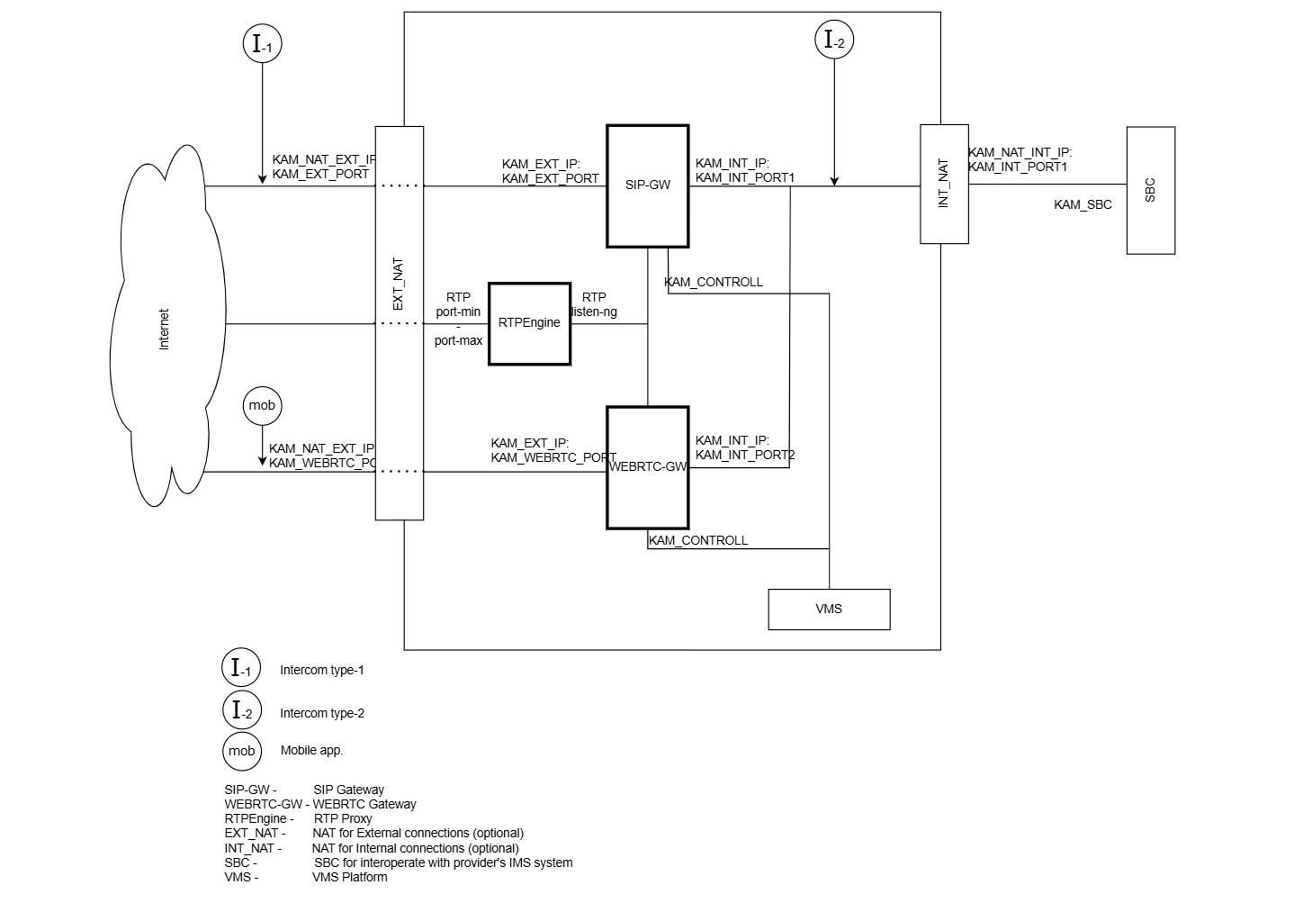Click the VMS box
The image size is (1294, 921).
[828, 609]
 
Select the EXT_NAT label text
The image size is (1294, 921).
[399, 284]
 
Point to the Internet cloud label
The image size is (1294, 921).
[164, 330]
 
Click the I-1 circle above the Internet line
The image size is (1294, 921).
[263, 43]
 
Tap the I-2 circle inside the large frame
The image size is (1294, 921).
[833, 41]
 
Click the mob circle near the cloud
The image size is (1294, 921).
[262, 406]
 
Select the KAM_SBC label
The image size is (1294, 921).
[1083, 205]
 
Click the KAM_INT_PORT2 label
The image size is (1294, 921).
[745, 456]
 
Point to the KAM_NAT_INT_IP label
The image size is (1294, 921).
[1020, 153]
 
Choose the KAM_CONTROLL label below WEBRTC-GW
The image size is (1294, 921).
[698, 541]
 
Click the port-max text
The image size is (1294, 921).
[458, 341]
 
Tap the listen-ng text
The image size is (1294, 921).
[595, 312]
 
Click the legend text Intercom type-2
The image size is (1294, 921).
[321, 713]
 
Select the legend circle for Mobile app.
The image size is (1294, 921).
[241, 751]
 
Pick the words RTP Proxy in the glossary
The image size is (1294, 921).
[343, 819]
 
